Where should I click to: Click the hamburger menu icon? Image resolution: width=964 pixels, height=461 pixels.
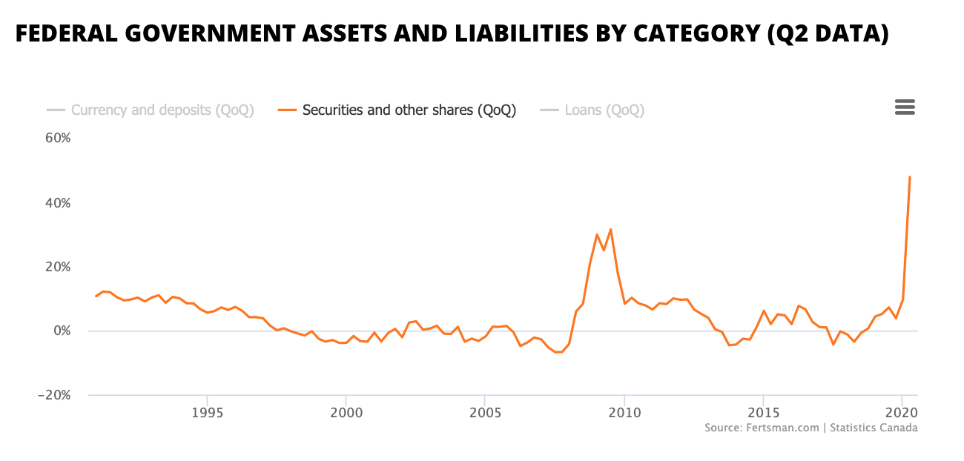tap(905, 107)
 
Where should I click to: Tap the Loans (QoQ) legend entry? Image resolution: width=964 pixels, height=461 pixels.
tap(604, 110)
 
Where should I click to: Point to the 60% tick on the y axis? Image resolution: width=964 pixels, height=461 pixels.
tap(56, 138)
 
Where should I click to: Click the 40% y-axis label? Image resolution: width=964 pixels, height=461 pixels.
tap(56, 202)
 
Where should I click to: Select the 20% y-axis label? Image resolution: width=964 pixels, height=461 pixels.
tap(56, 267)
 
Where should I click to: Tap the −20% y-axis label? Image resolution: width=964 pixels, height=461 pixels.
tap(53, 395)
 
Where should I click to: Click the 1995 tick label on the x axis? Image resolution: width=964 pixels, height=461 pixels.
tap(207, 412)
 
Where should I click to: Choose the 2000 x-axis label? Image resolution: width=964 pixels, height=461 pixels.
tap(346, 412)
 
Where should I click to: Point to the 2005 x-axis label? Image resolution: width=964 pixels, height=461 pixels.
tap(484, 412)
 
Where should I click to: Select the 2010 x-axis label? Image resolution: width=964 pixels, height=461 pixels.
tap(624, 412)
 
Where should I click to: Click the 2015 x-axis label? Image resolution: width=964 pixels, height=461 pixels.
tap(762, 412)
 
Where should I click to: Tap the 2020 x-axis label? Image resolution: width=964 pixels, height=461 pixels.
tap(901, 412)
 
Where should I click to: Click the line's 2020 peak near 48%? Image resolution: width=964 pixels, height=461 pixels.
tap(909, 177)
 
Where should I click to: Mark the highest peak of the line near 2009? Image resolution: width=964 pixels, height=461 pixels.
tap(610, 229)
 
